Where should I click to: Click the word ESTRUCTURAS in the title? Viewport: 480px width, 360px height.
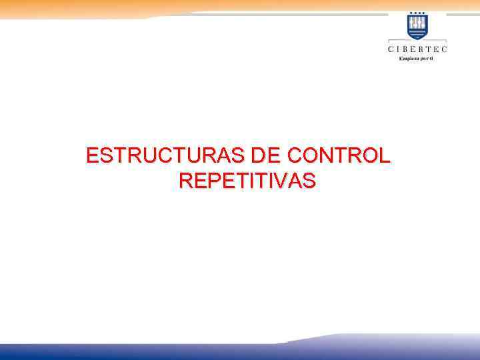pos(166,157)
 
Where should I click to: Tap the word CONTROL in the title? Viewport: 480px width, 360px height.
pos(339,157)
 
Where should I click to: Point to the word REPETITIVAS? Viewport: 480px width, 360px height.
pos(247,181)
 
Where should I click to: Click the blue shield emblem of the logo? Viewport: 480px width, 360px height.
pos(418,27)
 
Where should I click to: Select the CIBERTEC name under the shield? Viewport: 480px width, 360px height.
pos(418,49)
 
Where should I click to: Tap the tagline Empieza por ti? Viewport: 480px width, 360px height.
pos(417,59)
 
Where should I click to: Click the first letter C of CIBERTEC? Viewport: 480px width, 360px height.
pos(391,49)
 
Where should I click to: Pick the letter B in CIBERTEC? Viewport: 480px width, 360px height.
pos(407,49)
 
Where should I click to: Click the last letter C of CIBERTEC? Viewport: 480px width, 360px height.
pos(445,49)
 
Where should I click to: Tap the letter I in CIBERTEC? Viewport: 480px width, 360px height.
pos(400,49)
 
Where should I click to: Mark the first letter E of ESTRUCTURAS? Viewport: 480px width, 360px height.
pos(93,157)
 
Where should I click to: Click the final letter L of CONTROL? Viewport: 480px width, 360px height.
pos(384,157)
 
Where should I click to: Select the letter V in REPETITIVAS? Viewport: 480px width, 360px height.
pos(279,181)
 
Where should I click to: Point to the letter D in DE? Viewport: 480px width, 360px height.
pos(260,157)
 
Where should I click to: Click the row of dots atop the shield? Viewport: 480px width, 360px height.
pos(418,13)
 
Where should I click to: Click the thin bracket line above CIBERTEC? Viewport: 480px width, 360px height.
pos(418,41)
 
